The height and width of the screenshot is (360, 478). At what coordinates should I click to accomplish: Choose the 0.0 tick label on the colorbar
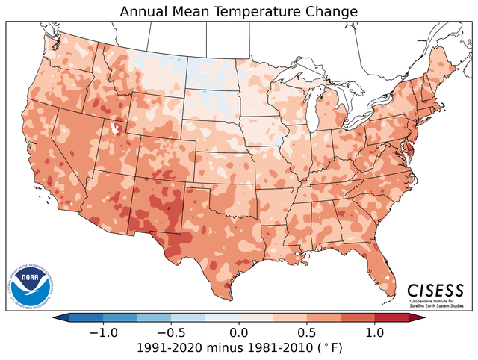[x=239, y=332]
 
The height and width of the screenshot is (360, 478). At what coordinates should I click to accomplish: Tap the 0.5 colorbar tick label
[x=308, y=332]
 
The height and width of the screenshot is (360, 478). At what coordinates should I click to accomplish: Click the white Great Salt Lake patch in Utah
[x=115, y=128]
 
